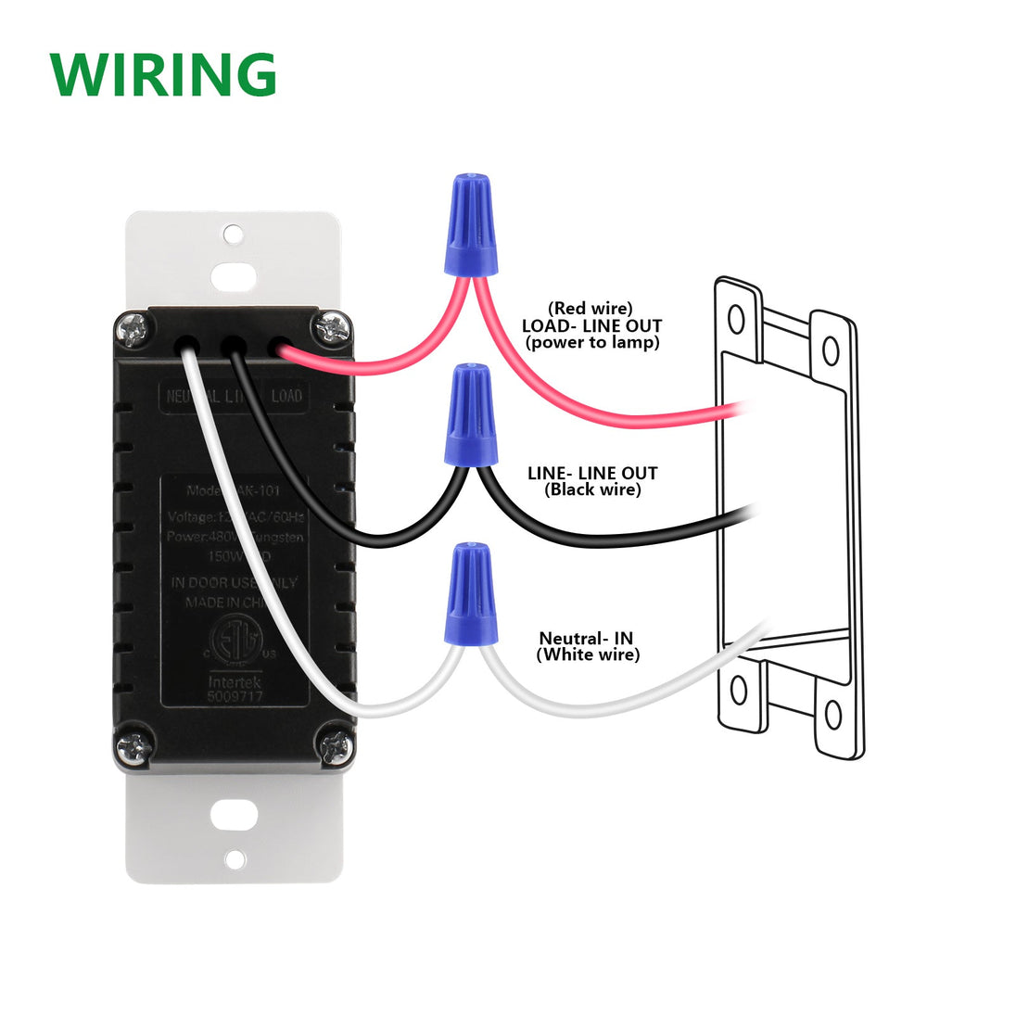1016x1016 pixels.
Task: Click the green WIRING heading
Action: coord(163,75)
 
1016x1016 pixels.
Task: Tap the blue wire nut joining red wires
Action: coord(470,224)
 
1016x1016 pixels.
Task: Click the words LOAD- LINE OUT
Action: coord(591,326)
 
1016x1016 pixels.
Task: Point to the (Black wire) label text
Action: coord(592,489)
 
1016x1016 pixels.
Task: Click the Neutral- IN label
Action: coord(586,639)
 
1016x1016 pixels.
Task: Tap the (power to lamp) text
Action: coord(591,342)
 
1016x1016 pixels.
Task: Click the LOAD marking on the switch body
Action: coord(286,397)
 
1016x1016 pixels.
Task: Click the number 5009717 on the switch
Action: coord(235,694)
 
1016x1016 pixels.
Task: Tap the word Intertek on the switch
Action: coord(235,679)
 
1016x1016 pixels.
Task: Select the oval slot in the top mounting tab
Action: coord(235,276)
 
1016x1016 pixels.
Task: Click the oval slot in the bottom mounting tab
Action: coord(235,816)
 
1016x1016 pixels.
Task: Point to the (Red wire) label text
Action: coord(590,309)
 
